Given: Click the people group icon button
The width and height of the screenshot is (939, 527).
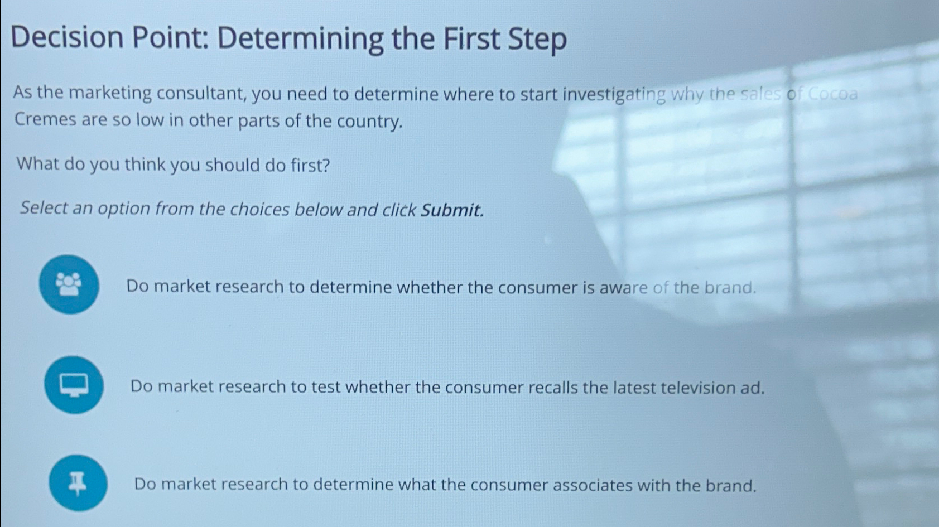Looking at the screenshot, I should pyautogui.click(x=69, y=284).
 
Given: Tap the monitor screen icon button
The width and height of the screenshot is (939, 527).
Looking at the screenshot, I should pyautogui.click(x=74, y=385).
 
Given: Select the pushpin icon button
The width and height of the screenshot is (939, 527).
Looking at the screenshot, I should pyautogui.click(x=78, y=483).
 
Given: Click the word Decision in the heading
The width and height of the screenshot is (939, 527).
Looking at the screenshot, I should pyautogui.click(x=67, y=38).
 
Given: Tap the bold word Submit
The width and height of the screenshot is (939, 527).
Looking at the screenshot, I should pyautogui.click(x=452, y=210).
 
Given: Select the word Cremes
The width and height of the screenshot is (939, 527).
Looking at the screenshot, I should pyautogui.click(x=45, y=119).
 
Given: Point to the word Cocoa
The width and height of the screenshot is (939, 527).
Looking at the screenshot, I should pyautogui.click(x=832, y=94).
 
